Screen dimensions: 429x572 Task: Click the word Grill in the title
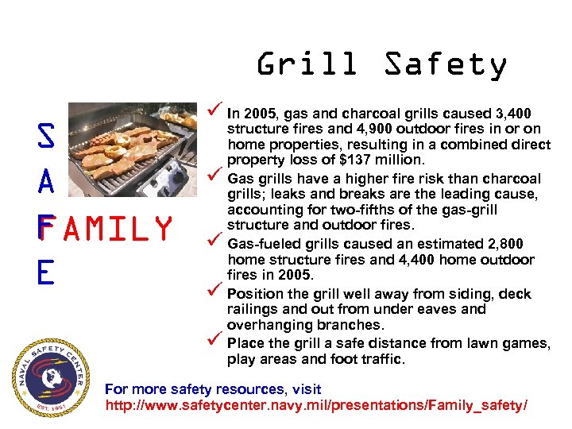(307, 64)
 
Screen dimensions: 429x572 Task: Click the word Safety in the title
(445, 64)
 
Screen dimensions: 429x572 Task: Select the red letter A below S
(46, 182)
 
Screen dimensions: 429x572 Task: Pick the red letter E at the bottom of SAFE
(44, 272)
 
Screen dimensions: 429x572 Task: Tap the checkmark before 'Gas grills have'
(211, 177)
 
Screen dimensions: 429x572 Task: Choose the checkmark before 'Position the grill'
(211, 292)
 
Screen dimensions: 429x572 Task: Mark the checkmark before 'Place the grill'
(211, 342)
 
